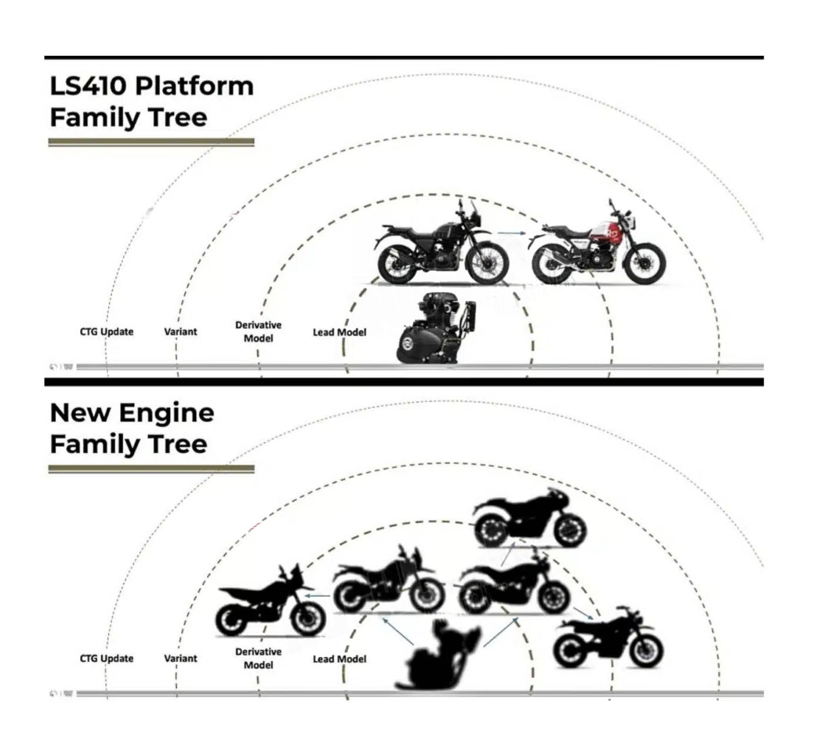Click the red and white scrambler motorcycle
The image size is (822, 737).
[598, 247]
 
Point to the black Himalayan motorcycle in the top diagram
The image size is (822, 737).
[442, 247]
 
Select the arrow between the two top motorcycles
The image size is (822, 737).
[512, 234]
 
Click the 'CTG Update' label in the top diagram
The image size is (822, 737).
[107, 331]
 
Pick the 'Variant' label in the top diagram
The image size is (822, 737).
[180, 331]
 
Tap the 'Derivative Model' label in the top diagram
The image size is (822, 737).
[258, 331]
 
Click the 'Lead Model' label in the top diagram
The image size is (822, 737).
[339, 332]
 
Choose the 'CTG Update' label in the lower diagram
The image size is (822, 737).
[107, 658]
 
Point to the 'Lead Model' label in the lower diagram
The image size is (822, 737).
[339, 659]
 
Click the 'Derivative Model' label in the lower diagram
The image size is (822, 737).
[258, 658]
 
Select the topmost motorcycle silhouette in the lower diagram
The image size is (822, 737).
[530, 518]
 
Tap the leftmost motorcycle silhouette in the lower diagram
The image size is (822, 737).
[271, 603]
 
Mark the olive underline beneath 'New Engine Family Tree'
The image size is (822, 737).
[151, 469]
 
